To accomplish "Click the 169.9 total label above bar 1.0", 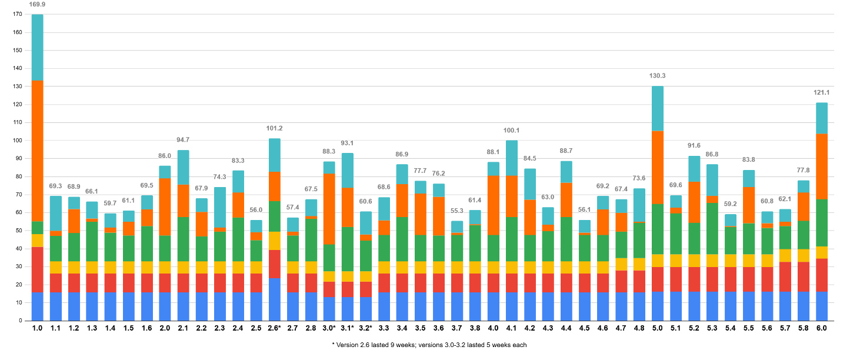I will [x=37, y=5].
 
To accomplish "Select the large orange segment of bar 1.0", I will [x=37, y=151].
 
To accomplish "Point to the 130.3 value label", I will [x=658, y=76].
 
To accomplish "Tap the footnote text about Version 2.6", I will [x=429, y=345].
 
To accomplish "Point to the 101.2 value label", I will [x=275, y=128].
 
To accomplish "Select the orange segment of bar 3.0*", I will [x=329, y=209].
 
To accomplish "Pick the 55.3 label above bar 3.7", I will [x=456, y=211].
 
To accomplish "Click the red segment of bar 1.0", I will [x=37, y=269].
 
